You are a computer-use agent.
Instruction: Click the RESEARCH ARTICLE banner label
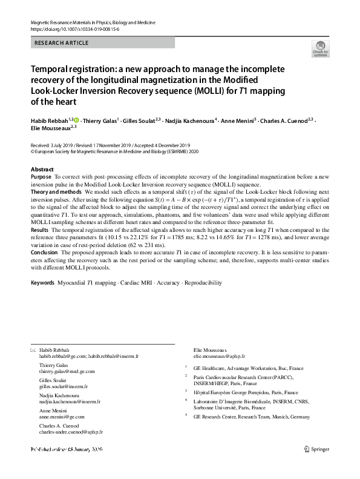62,43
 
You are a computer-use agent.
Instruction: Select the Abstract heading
42,169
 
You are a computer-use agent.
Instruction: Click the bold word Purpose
41,177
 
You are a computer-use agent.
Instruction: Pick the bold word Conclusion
45,253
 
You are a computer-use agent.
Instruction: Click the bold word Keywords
42,283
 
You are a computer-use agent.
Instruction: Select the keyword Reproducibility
204,283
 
